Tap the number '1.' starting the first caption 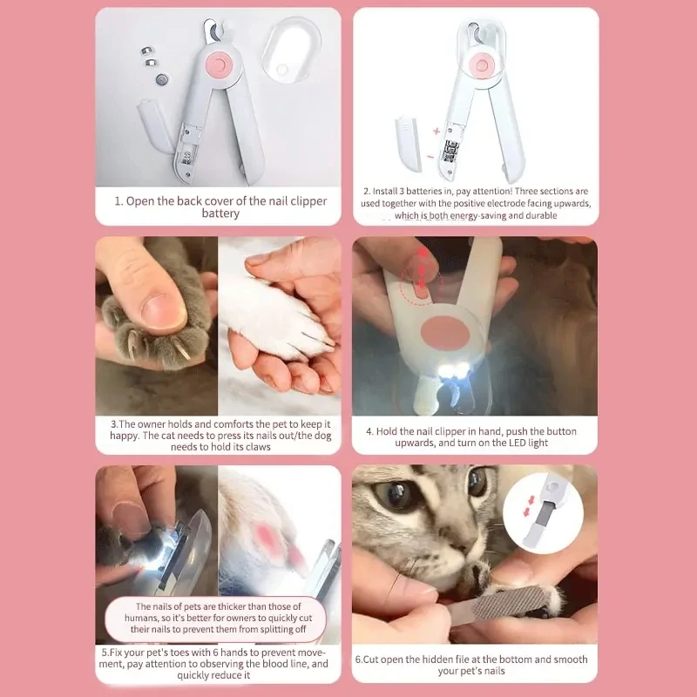tap(119, 201)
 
